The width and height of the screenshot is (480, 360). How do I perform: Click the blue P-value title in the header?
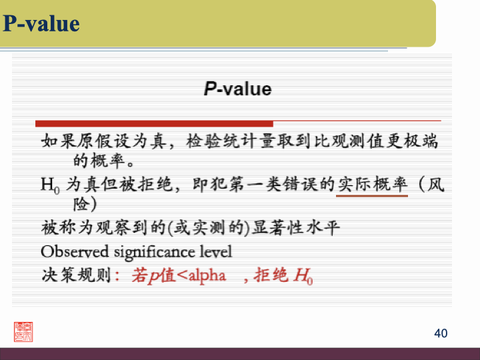(41, 24)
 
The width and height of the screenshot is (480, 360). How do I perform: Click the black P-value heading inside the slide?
(238, 89)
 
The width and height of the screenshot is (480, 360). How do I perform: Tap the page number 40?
(441, 333)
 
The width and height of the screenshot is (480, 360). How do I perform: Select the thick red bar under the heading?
(154, 123)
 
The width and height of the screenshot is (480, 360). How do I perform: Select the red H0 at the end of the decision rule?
(303, 276)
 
